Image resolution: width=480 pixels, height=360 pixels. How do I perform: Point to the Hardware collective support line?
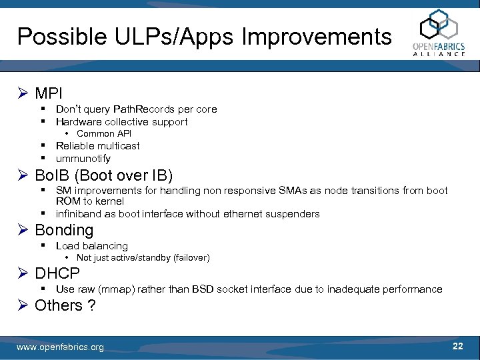click(x=121, y=121)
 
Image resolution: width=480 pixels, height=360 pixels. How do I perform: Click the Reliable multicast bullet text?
click(x=97, y=145)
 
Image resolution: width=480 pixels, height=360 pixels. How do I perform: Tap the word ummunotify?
click(x=83, y=159)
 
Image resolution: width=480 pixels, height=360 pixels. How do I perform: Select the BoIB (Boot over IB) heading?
click(x=103, y=176)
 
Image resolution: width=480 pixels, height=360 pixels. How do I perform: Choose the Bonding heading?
click(x=64, y=230)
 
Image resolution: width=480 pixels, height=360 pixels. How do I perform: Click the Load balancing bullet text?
click(x=91, y=246)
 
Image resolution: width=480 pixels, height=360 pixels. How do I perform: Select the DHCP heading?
click(x=57, y=273)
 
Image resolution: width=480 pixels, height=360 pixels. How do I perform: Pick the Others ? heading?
click(x=65, y=305)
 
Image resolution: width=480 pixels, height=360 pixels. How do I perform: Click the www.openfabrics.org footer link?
click(x=60, y=347)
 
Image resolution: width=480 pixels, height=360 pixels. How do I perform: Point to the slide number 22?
click(x=457, y=346)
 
